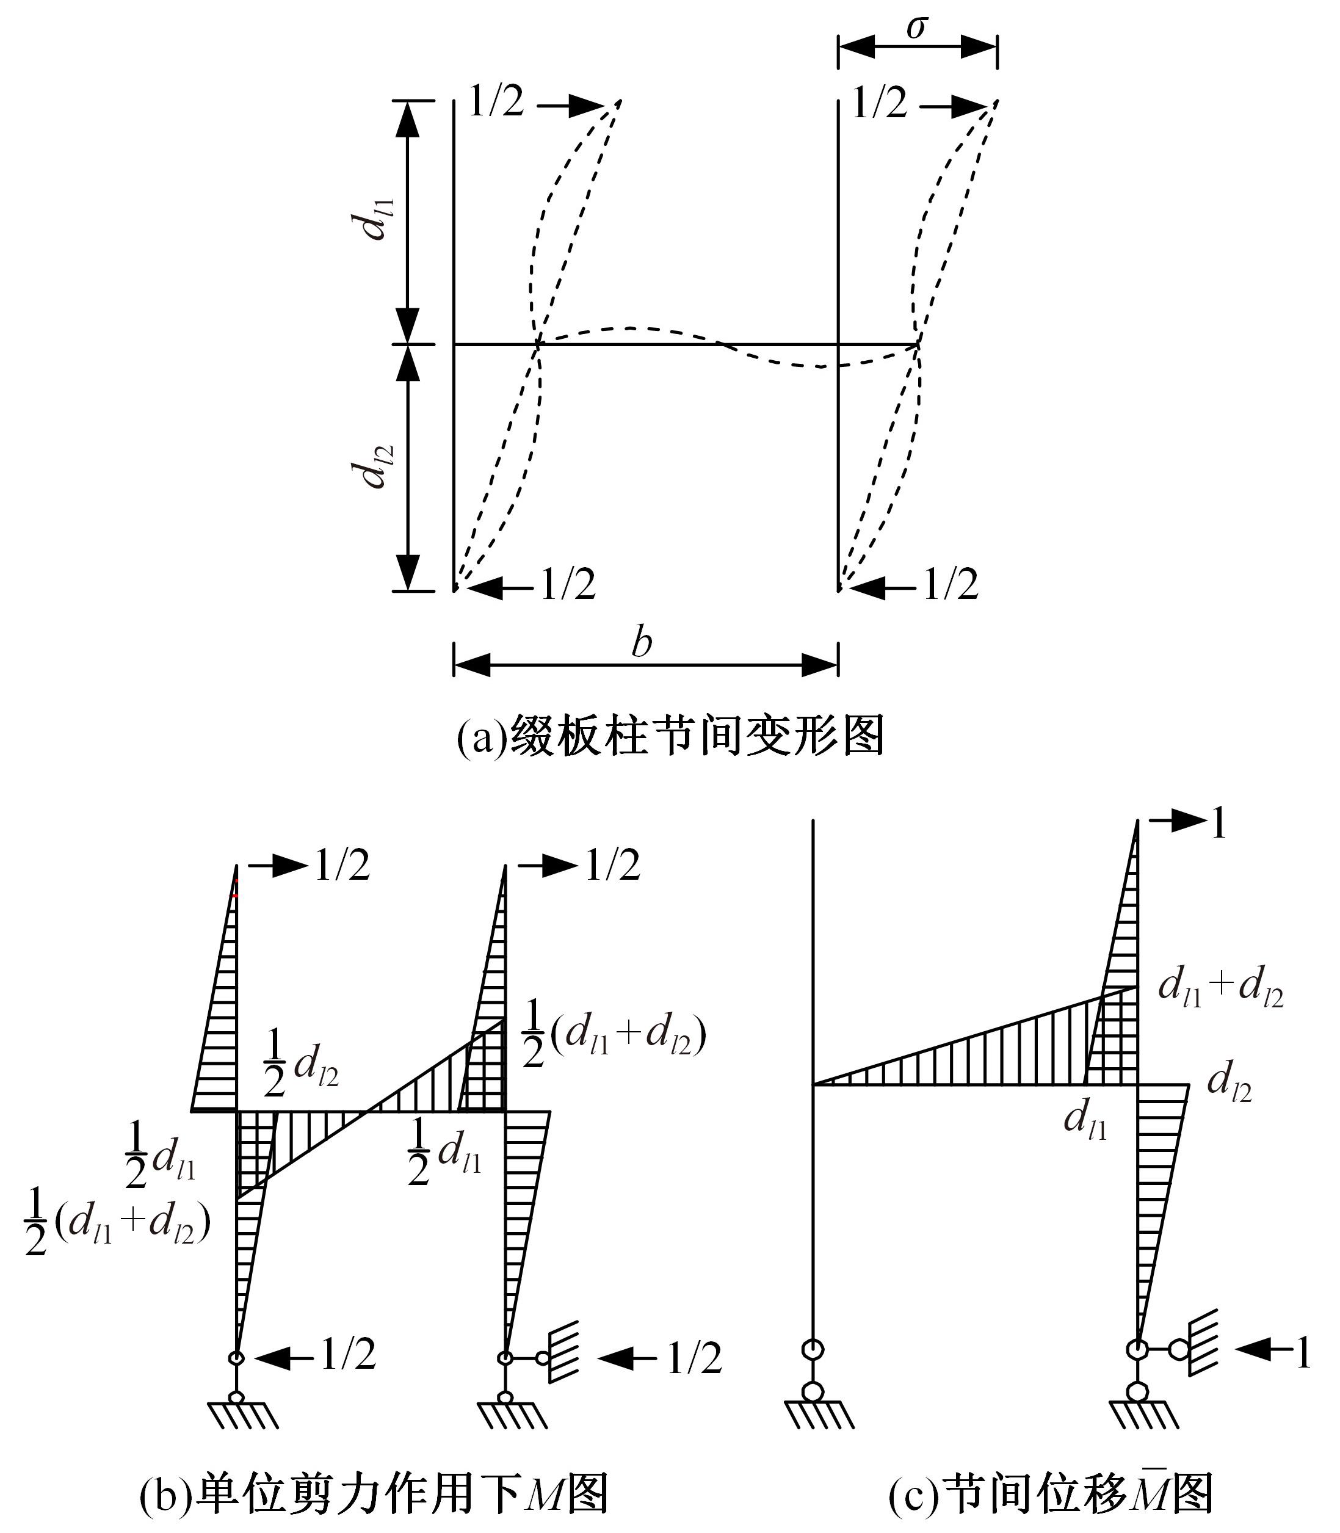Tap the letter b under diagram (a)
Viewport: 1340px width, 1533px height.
[x=642, y=642]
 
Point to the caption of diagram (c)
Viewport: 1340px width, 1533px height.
[x=1050, y=1493]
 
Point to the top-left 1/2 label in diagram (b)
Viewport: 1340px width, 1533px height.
[x=342, y=865]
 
